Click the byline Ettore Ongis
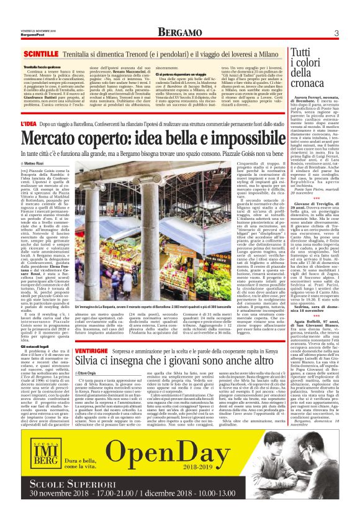[89, 372]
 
